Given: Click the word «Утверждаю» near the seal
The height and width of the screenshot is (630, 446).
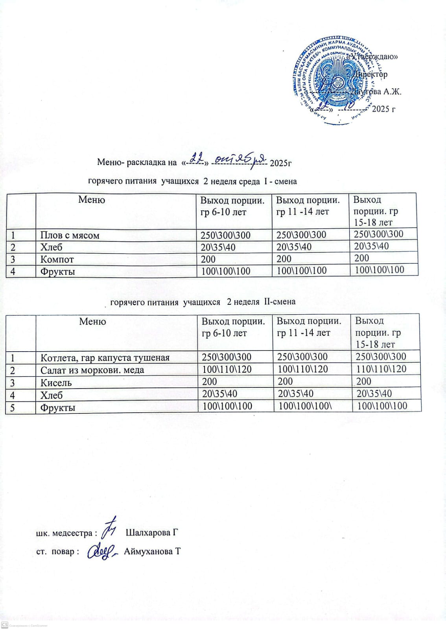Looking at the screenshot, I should click(374, 56).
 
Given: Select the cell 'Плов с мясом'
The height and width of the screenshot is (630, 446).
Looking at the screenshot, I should click(70, 235).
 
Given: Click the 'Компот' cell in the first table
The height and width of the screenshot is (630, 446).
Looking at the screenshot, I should click(57, 259).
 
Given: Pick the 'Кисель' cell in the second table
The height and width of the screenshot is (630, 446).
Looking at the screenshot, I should click(56, 383).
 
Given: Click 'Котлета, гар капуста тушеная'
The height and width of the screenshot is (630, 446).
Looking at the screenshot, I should click(105, 358).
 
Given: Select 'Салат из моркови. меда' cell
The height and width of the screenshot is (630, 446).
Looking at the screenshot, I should click(92, 370).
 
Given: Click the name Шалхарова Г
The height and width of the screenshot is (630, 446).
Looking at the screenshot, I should click(152, 533).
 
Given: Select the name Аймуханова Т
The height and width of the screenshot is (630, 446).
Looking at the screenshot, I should click(152, 551).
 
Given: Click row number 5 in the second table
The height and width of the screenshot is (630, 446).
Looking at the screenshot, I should click(13, 408).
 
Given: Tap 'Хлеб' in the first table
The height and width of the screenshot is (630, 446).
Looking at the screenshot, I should click(52, 247).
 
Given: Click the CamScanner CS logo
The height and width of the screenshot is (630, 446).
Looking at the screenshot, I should click(5, 625).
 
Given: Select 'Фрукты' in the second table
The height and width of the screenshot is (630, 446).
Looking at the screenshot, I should click(58, 408).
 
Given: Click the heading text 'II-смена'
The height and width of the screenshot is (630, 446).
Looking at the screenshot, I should click(280, 302).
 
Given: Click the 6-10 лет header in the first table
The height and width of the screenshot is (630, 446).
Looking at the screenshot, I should click(232, 206).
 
